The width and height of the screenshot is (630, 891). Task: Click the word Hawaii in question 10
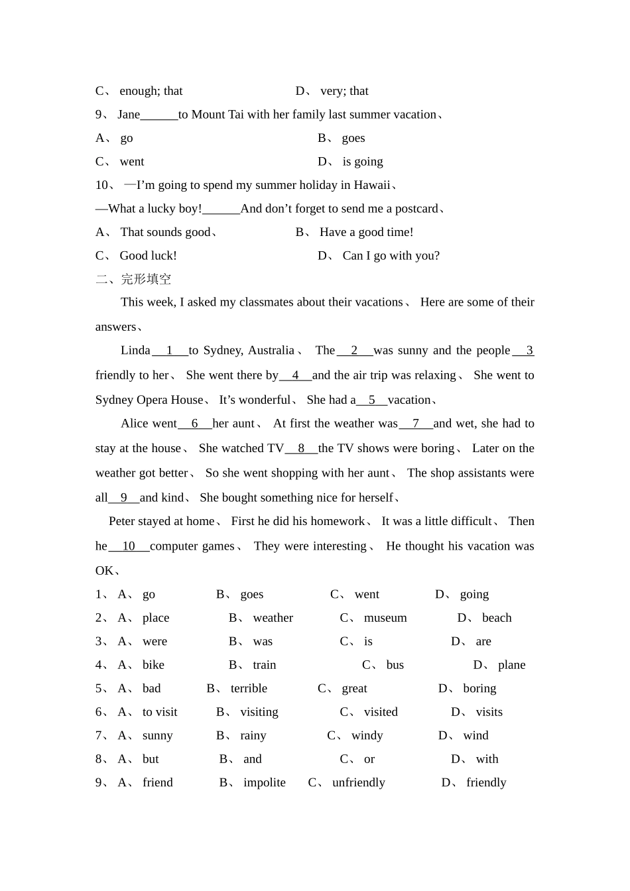tap(372, 185)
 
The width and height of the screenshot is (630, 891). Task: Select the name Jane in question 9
tap(129, 115)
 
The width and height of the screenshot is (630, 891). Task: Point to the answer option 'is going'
tap(362, 162)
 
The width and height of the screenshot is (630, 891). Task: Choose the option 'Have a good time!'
tap(366, 232)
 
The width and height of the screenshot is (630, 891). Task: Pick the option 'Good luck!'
tap(148, 256)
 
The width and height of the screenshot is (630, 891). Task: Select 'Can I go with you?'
tap(391, 256)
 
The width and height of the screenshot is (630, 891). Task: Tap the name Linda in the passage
tap(135, 351)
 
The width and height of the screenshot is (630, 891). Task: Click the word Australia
tap(271, 351)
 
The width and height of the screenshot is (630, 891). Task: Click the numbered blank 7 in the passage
tap(416, 424)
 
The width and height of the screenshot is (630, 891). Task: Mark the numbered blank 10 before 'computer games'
tap(129, 546)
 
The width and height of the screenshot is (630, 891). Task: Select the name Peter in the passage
tap(123, 521)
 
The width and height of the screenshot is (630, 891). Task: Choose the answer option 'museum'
tap(385, 618)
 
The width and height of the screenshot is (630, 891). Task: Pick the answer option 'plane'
tap(511, 665)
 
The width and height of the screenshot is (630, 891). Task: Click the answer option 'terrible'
tap(249, 689)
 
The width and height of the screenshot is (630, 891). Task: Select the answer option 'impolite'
tap(264, 783)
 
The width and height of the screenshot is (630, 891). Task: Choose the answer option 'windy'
tap(367, 736)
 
